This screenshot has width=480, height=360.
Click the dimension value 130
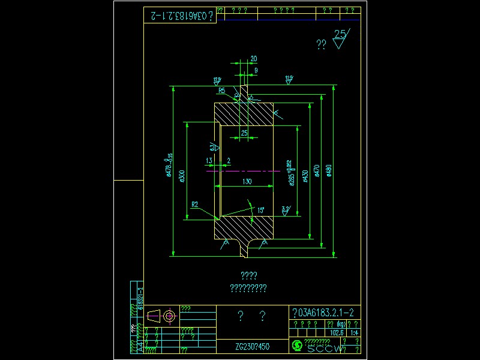(247, 181)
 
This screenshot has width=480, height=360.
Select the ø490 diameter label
(328, 171)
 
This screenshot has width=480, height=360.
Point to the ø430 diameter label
(305, 175)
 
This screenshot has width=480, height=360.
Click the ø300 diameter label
(182, 175)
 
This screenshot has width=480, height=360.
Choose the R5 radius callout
(221, 91)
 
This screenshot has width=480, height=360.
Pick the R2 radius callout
(195, 205)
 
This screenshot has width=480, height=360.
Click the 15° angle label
(261, 210)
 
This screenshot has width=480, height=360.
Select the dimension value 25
(244, 133)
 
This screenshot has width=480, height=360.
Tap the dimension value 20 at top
(254, 59)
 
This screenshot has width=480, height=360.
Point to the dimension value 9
(256, 70)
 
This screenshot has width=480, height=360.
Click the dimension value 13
(209, 160)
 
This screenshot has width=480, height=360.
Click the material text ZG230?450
(252, 347)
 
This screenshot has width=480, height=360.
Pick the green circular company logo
(296, 346)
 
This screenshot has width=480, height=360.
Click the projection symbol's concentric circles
(169, 316)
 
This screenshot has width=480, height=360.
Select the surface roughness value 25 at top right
(341, 34)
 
